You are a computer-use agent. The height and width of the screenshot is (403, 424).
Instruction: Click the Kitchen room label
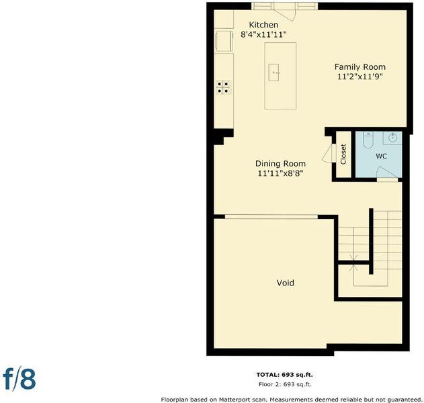point(263,25)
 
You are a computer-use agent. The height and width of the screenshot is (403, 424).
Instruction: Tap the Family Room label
point(360,66)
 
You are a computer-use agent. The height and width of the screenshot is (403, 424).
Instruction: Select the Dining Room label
point(280,163)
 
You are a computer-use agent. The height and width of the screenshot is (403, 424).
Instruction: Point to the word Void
point(286,283)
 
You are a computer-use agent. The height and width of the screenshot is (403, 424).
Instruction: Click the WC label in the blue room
point(381,156)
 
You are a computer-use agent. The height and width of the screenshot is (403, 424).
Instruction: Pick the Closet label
point(343,154)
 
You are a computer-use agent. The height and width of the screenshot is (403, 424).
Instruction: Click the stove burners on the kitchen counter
point(223,87)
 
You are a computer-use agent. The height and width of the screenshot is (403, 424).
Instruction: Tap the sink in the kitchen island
point(273,73)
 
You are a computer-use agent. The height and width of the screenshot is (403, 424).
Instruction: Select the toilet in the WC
point(368,140)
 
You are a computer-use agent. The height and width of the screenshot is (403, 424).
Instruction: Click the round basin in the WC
point(392,138)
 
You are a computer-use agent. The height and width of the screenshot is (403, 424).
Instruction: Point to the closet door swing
point(329,153)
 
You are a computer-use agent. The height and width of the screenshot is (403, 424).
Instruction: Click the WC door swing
point(386,173)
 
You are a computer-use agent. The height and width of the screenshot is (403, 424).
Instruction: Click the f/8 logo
point(19,378)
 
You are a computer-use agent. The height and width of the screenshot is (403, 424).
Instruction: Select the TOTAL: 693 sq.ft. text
point(284,375)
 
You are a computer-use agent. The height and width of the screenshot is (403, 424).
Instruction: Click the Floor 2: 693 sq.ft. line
point(285,384)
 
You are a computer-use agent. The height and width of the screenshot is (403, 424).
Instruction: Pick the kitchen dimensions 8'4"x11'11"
point(263,35)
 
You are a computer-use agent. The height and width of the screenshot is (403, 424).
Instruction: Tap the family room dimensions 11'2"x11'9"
point(360,77)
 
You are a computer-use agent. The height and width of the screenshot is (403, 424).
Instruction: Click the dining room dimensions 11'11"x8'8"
point(280,173)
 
